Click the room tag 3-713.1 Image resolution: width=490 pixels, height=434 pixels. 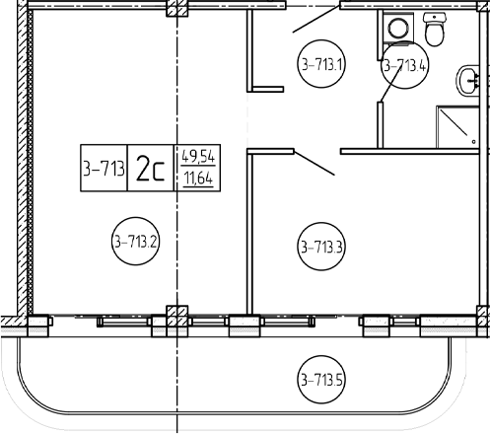321,64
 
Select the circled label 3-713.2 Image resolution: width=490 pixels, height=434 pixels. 135,242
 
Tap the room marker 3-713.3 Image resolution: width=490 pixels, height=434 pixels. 321,247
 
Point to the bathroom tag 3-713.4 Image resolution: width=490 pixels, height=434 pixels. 405,65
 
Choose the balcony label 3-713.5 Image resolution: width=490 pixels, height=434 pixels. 321,380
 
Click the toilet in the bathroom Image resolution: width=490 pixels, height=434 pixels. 435,29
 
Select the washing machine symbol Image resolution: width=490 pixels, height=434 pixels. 398,28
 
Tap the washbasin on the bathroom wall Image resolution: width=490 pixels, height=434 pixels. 467,81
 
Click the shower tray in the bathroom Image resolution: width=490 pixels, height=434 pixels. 457,127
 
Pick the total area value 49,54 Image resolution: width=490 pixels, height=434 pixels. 198,156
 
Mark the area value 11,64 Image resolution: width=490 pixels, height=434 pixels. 198,179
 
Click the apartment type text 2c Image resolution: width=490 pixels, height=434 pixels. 150,168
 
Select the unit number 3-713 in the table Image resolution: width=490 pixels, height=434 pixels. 104,169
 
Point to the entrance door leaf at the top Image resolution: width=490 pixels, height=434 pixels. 315,19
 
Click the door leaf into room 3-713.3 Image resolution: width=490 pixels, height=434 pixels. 315,164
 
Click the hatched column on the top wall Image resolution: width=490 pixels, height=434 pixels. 177,8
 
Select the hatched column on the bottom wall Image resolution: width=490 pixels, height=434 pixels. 177,316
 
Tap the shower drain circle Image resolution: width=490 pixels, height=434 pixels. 473,142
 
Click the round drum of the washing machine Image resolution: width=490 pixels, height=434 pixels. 398,28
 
